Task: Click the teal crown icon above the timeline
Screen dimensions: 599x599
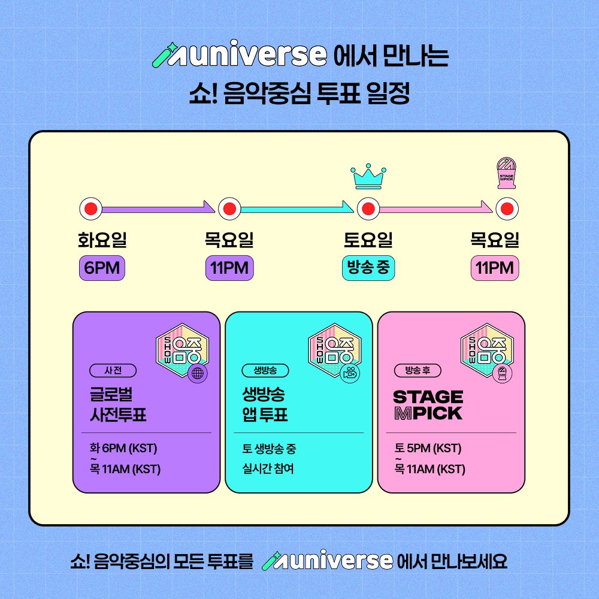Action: pos(368,177)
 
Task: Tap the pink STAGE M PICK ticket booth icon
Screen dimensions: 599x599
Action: pos(507,173)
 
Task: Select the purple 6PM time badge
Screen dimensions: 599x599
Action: pos(102,268)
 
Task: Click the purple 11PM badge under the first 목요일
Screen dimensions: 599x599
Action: pos(229,268)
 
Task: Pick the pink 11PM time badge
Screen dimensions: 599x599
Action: pos(495,268)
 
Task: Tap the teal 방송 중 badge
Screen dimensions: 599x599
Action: pos(368,268)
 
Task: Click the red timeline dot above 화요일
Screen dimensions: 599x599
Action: pos(91,209)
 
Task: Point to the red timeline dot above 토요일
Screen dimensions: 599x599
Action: pos(368,209)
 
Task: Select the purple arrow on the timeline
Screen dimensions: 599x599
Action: pos(158,208)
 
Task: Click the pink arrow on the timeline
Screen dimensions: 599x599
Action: pos(436,208)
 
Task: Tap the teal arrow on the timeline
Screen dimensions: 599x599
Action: pos(297,208)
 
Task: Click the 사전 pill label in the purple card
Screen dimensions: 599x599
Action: pos(113,371)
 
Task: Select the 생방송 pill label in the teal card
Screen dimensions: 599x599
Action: pos(265,371)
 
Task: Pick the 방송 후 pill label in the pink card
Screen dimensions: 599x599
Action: pos(418,371)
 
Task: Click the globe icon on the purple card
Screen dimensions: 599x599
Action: pos(198,373)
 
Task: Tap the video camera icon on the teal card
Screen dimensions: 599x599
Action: pos(350,373)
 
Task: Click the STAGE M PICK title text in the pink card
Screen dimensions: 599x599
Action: pos(428,405)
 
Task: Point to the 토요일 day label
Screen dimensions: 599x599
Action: pos(368,240)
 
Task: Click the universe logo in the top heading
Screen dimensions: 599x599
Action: pos(240,55)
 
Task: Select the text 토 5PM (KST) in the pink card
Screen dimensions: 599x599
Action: pos(428,447)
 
